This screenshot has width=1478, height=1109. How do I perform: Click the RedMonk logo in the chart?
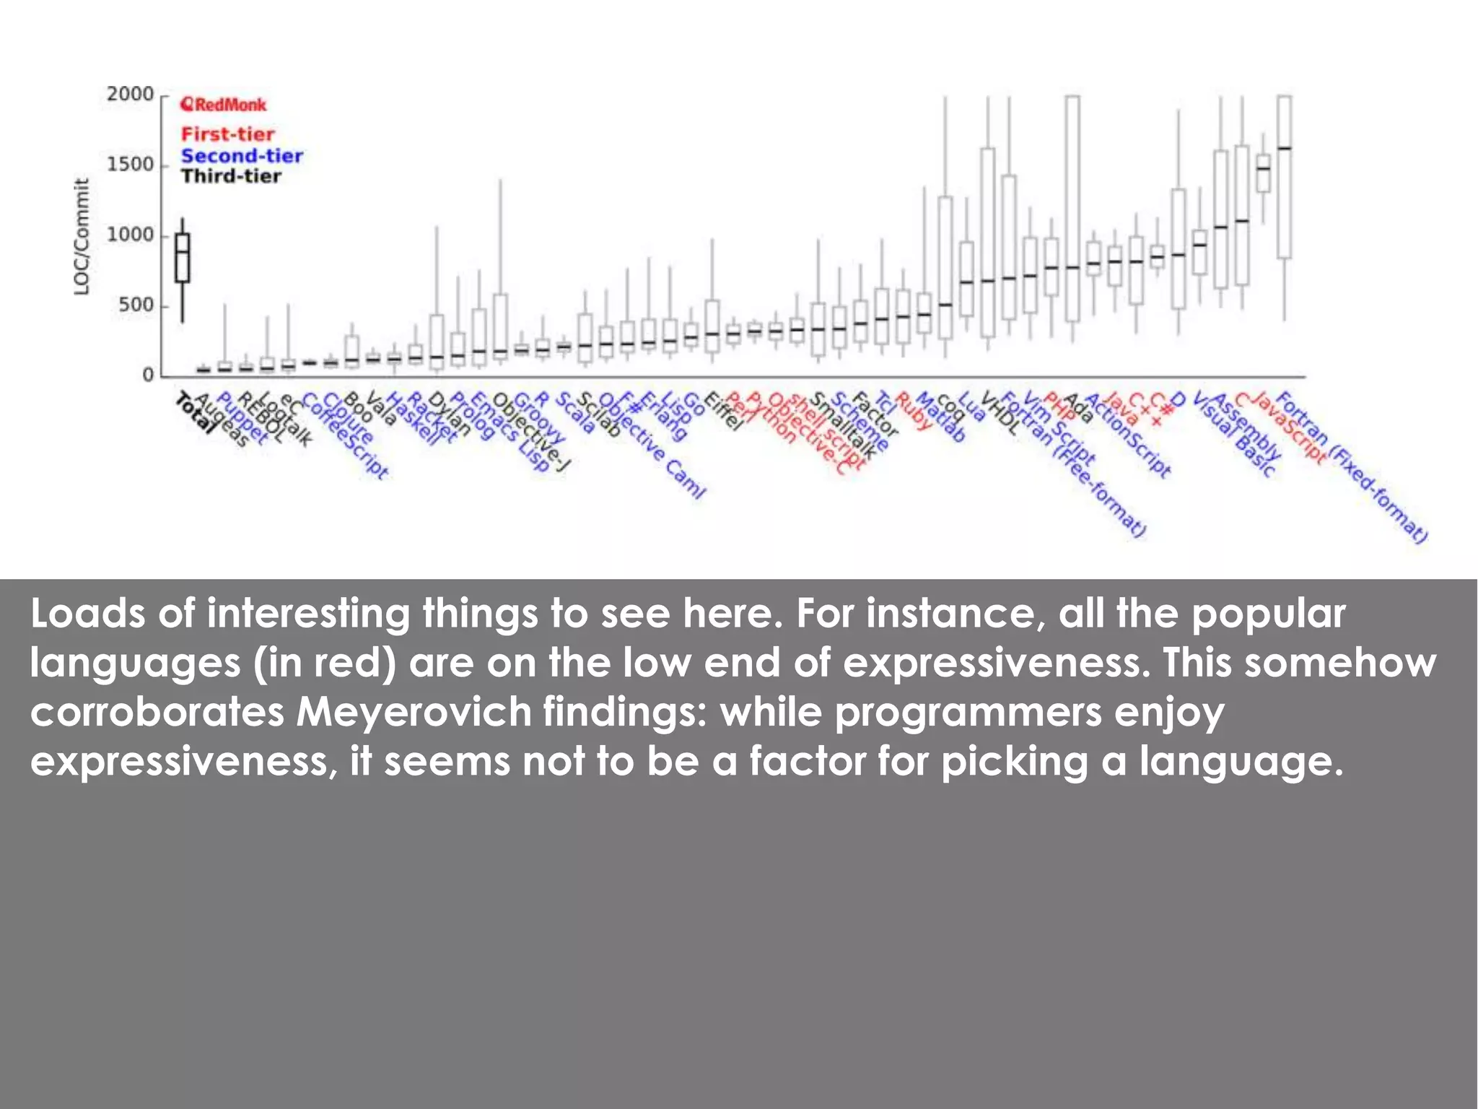coord(223,105)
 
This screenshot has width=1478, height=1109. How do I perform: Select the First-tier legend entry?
coord(227,134)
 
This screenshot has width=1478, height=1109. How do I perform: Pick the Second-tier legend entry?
coord(242,156)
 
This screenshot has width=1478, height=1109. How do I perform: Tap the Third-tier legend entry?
coord(231,176)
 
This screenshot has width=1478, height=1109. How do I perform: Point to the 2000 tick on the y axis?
coord(130,95)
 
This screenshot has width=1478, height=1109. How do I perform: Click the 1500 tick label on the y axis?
coord(130,165)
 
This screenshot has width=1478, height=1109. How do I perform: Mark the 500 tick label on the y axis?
coord(136,305)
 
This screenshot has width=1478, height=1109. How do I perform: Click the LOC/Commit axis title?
coord(82,237)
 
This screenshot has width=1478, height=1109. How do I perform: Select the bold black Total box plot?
coord(183,258)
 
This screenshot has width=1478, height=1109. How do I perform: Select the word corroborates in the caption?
coord(157,712)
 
